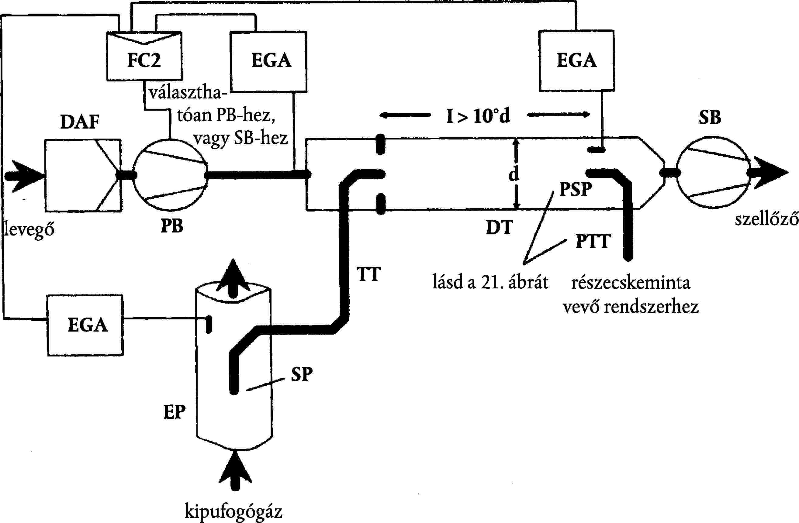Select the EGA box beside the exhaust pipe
[x=85, y=325]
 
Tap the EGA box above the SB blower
[x=576, y=61]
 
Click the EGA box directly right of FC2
[x=268, y=62]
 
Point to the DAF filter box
[x=83, y=175]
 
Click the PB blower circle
[x=170, y=175]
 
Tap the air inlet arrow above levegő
[x=25, y=176]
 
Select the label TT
[x=368, y=274]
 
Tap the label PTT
[x=593, y=242]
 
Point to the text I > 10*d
[x=478, y=116]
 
